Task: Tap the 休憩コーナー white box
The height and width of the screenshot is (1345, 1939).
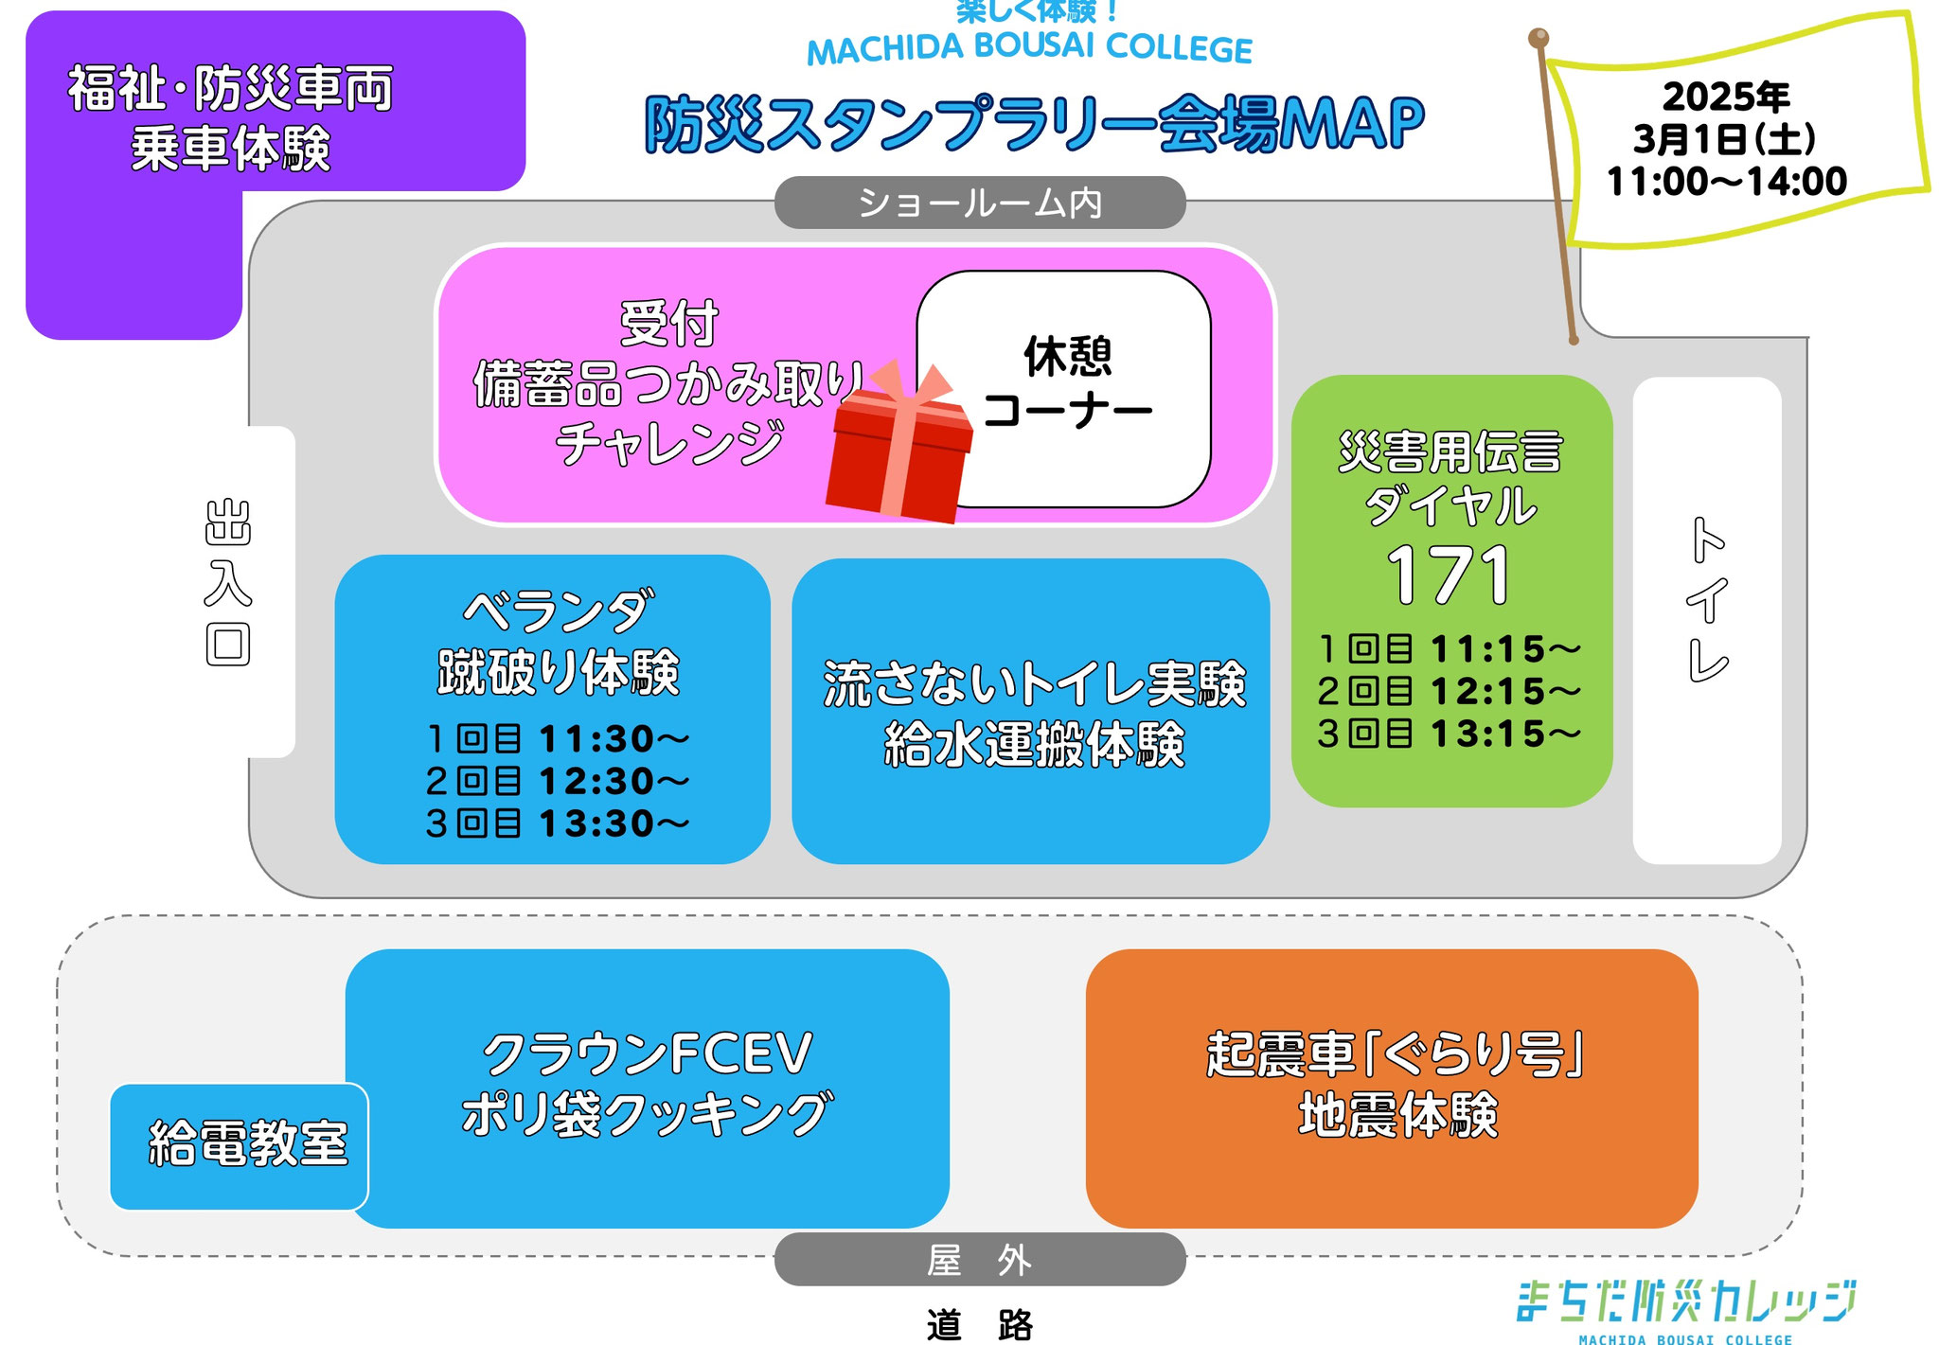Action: [x=1064, y=389]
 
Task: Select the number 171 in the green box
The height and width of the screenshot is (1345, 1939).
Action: [x=1449, y=575]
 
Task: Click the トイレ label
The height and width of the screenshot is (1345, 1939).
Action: [x=1709, y=598]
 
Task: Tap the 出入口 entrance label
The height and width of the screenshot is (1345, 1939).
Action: [x=228, y=583]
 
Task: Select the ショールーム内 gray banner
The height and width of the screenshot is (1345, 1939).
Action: [x=980, y=203]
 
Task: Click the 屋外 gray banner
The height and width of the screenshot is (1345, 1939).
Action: [x=980, y=1259]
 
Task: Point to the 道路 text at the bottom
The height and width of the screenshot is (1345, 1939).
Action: [x=980, y=1324]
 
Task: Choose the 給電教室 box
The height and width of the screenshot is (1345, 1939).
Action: [x=240, y=1146]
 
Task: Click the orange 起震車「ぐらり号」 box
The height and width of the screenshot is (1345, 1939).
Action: [x=1392, y=1088]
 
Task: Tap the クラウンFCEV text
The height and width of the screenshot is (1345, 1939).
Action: [x=648, y=1053]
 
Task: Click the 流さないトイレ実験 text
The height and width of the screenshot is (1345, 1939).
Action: [x=1034, y=683]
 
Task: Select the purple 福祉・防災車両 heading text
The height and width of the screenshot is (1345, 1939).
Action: [x=230, y=89]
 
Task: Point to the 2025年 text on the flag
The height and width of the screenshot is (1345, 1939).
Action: [x=1726, y=97]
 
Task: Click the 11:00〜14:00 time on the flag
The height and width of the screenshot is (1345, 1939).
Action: [x=1727, y=181]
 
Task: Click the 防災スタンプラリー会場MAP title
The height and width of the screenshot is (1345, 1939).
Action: [x=1034, y=124]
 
